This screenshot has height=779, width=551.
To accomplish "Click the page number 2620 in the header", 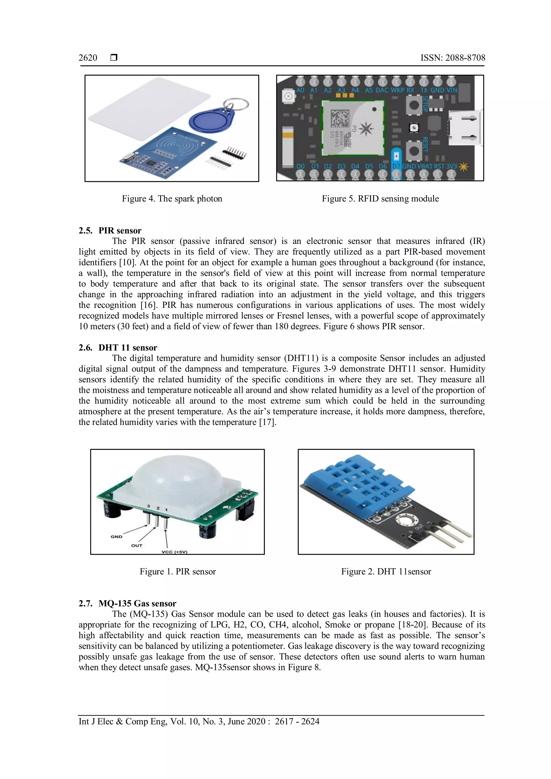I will tap(88, 58).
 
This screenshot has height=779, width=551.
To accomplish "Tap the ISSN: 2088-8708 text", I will tap(453, 58).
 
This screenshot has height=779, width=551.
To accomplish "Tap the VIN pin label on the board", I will tap(452, 90).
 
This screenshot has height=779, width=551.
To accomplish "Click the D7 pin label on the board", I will tap(396, 167).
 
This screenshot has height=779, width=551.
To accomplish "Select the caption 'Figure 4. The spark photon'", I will tap(172, 199).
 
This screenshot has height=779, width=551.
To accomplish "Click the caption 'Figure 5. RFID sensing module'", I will tap(380, 199).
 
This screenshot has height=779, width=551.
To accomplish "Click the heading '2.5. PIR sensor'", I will tap(110, 231).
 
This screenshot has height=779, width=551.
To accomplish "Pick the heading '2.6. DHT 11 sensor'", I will tap(118, 348).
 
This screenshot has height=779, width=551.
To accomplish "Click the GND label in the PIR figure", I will tap(116, 537).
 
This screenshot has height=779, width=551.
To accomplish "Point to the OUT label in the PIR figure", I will tap(136, 546).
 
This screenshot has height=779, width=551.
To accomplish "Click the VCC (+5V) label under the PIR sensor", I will tap(174, 552).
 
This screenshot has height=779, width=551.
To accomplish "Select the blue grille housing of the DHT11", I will tap(360, 482).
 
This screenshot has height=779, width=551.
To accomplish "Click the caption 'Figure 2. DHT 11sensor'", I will tap(386, 572).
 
